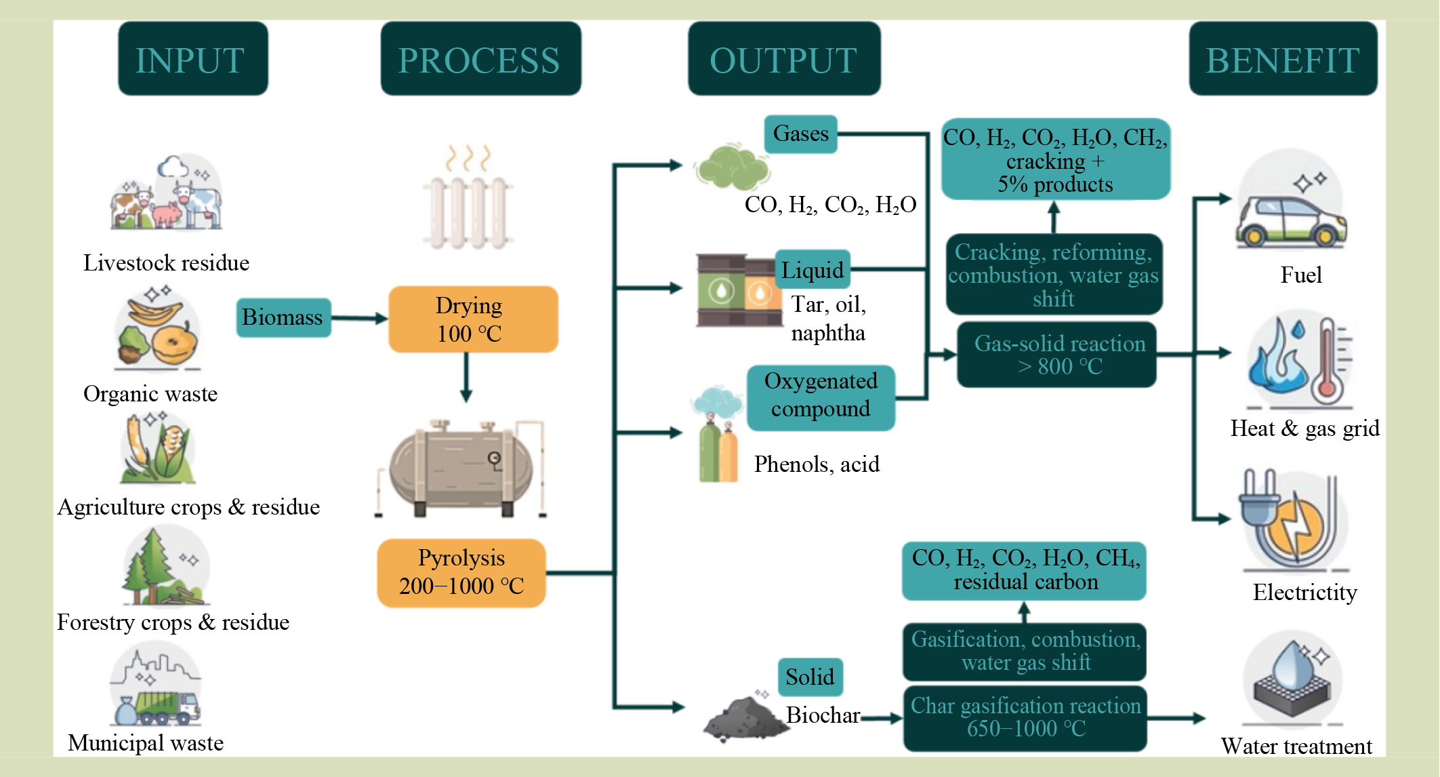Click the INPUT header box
click(192, 59)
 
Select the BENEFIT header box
click(1283, 59)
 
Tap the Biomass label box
click(283, 317)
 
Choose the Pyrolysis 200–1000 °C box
click(461, 572)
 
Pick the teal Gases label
click(800, 134)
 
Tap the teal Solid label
click(810, 677)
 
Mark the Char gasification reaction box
click(1025, 717)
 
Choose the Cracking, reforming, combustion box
click(1054, 275)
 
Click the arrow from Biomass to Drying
click(359, 318)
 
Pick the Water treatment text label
click(1296, 746)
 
